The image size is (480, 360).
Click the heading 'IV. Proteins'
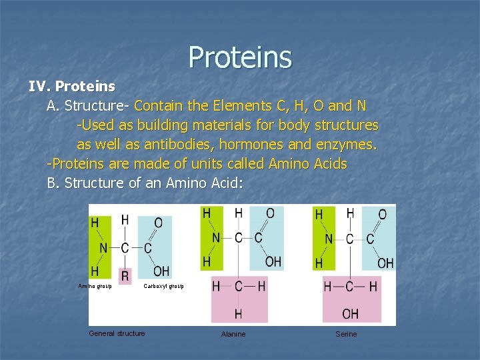[71, 87]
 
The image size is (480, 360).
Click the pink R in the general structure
[125, 274]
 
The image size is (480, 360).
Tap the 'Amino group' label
[95, 286]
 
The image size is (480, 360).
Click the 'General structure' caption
[117, 333]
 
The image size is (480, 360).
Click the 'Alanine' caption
[233, 334]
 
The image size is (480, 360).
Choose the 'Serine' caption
[347, 334]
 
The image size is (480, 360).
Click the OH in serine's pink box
[350, 313]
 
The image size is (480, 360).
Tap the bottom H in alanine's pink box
[238, 313]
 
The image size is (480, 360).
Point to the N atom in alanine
[215, 237]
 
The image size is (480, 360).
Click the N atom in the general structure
[103, 248]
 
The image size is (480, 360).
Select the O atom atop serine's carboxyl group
[382, 214]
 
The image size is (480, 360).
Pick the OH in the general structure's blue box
[161, 271]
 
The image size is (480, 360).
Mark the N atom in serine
[329, 239]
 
